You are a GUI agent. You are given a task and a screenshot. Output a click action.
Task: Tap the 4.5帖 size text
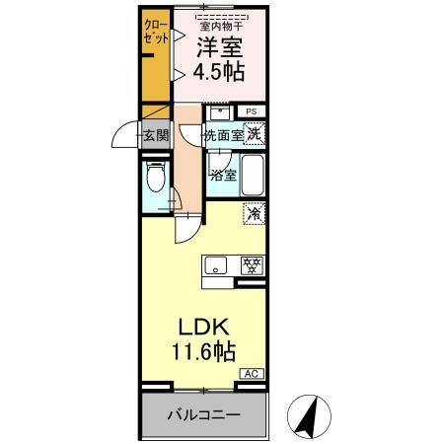tap(220, 73)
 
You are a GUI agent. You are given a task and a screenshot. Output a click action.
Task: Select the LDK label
tap(206, 328)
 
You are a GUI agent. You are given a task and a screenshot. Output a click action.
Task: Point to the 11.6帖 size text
tap(206, 352)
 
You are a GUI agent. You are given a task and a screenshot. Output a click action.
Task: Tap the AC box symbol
tap(253, 374)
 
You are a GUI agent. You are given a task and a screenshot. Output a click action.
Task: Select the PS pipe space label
tap(252, 111)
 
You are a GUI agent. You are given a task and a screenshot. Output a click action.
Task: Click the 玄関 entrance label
tap(156, 134)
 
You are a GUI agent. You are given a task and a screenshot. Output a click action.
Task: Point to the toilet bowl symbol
tap(154, 180)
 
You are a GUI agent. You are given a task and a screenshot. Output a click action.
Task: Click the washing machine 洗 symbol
tap(255, 133)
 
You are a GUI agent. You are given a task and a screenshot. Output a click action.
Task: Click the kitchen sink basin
tap(217, 263)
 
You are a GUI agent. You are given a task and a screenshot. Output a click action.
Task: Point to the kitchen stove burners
tap(253, 263)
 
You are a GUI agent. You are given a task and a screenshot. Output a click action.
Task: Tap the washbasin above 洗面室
tap(215, 111)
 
